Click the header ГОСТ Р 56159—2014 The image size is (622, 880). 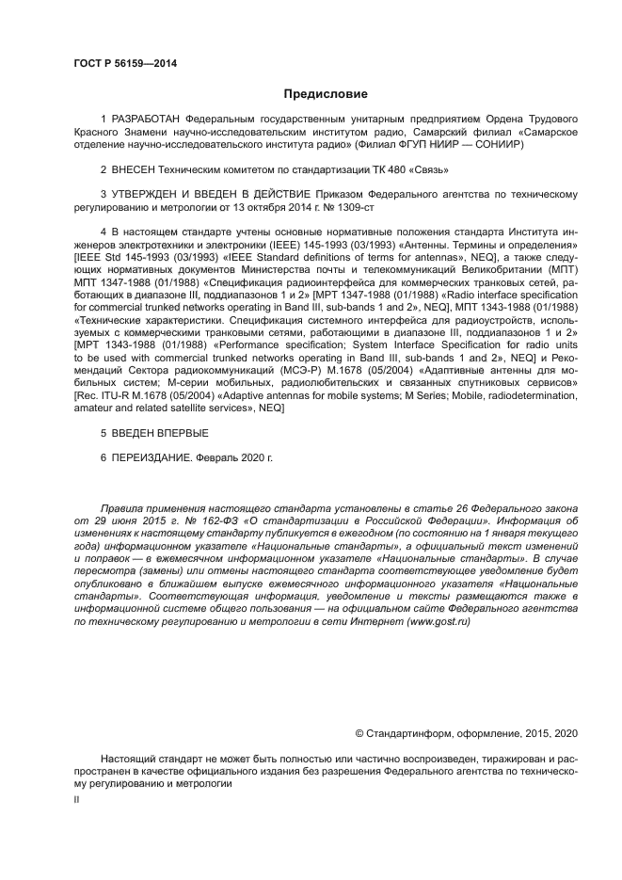[x=124, y=63]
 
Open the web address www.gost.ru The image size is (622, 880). [x=439, y=621]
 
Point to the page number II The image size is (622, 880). [x=77, y=799]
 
